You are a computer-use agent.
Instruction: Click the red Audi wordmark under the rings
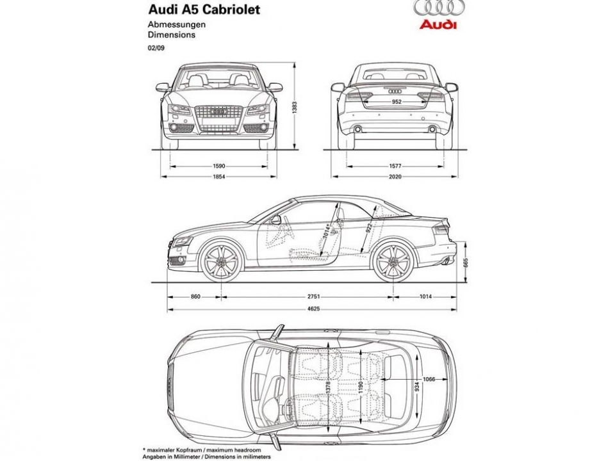coord(438,24)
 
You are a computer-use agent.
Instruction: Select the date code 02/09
coord(156,48)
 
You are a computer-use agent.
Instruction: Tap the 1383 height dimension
coord(295,108)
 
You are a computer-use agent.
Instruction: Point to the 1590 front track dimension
coord(219,166)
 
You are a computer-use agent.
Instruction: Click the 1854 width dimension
coord(219,177)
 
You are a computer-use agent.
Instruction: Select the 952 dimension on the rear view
coord(397,102)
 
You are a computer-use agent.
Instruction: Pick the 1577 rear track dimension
coord(395,166)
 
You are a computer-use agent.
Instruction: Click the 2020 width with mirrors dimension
coord(395,177)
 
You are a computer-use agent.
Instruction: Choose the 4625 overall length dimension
coord(313,309)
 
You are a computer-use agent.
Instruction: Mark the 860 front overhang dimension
coord(195,296)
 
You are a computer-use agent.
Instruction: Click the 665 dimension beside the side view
coord(466,263)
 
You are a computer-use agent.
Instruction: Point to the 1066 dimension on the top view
coord(429,379)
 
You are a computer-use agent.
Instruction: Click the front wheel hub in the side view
coord(222,263)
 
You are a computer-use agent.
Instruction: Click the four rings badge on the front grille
coord(219,112)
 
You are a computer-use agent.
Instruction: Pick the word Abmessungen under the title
coord(177,25)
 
